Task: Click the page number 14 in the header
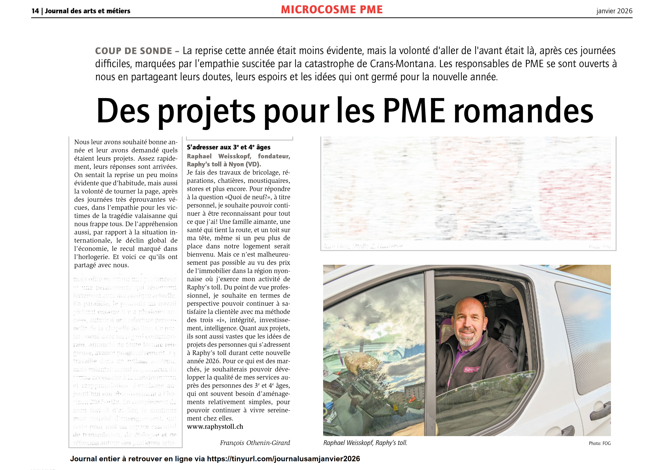click(35, 11)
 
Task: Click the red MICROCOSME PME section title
click(332, 10)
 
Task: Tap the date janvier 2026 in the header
click(614, 11)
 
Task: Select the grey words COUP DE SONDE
click(133, 51)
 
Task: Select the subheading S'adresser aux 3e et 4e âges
click(229, 147)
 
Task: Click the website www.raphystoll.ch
click(215, 427)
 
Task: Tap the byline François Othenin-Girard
click(255, 443)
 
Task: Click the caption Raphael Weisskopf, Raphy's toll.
click(365, 443)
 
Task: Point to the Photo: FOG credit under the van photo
click(599, 443)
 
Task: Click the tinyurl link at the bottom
click(283, 459)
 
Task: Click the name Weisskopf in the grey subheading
click(234, 156)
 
